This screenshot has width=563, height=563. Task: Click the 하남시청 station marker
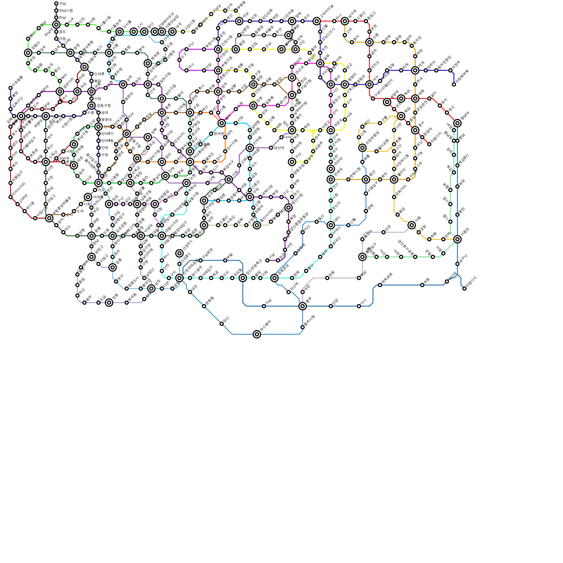coord(56,11)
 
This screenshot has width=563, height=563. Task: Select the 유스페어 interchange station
coord(257,334)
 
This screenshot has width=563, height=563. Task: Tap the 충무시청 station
coord(303,327)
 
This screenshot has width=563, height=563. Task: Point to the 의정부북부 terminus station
coord(454,84)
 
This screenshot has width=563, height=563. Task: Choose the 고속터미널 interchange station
coord(317,21)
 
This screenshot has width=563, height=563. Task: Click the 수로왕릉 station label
coord(17,82)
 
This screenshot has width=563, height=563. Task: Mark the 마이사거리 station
coord(11,197)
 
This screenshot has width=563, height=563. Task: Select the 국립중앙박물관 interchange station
coord(49,218)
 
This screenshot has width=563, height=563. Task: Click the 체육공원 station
coord(380,285)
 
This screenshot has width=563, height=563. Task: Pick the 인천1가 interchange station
coord(179,253)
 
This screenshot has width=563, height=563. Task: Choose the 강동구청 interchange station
coord(91,106)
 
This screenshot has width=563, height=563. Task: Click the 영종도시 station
coord(127,289)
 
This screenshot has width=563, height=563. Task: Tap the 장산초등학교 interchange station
coord(243,278)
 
